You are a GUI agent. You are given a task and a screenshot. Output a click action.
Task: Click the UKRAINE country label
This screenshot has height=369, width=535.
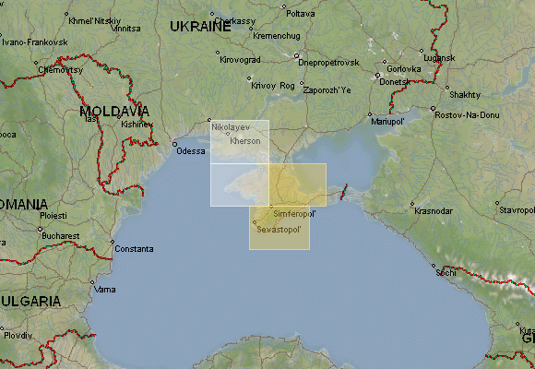point(200,27)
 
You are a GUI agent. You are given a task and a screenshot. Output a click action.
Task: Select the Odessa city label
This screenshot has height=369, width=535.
point(191,150)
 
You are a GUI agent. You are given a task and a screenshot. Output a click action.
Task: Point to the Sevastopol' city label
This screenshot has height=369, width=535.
point(279,228)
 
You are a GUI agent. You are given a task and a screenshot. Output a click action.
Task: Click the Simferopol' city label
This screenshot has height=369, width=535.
point(295,213)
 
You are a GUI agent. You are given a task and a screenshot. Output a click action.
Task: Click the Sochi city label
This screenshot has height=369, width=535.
point(446,273)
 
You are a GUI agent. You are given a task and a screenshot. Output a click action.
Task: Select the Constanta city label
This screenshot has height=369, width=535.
point(135,249)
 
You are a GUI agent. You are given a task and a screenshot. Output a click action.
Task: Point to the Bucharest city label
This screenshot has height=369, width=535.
point(60,235)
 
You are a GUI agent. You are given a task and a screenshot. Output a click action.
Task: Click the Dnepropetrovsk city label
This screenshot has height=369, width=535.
point(327,62)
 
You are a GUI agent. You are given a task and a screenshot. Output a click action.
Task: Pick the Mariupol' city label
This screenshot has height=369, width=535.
point(387,121)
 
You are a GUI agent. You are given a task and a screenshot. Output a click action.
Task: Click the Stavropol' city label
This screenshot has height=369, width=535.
point(516,209)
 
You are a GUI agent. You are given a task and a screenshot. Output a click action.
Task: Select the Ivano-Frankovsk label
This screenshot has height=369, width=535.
point(35,42)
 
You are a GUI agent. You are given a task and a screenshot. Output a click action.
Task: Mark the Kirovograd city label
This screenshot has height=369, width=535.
point(241,60)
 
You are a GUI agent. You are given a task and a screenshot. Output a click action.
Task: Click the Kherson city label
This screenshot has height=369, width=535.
point(245,140)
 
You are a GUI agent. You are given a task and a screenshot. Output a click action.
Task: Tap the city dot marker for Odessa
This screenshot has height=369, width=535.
point(174,144)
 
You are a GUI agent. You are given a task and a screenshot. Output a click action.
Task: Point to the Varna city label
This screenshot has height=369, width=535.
point(106,290)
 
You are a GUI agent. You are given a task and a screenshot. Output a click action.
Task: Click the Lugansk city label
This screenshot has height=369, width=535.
point(440,58)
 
